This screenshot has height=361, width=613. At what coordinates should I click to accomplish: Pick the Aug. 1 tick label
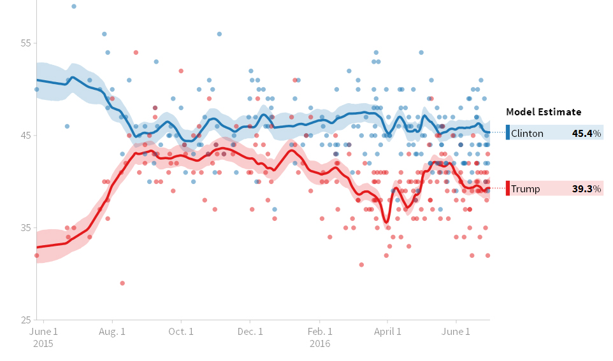point(113,331)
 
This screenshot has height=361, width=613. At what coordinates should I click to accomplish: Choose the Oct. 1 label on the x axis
point(182,331)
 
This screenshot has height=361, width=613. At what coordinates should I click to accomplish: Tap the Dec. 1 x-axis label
point(250,331)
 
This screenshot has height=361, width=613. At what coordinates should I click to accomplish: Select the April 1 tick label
point(387,331)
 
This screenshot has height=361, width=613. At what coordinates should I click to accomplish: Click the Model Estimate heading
point(544,112)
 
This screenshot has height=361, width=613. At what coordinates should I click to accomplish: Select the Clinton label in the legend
point(527,134)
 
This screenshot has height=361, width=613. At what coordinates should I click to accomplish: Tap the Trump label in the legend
point(525,189)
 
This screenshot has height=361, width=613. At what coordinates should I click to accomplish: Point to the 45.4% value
point(586,134)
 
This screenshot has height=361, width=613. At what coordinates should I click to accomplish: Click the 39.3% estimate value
point(586,189)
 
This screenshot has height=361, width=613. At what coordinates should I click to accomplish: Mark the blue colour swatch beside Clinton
point(508,133)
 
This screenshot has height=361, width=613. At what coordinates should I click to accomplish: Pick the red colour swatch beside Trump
point(508,188)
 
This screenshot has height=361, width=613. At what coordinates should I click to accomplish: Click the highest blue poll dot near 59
point(74,6)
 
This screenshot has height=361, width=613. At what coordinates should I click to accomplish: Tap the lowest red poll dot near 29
point(122,283)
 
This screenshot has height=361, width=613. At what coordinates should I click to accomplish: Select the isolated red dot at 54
point(136,52)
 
